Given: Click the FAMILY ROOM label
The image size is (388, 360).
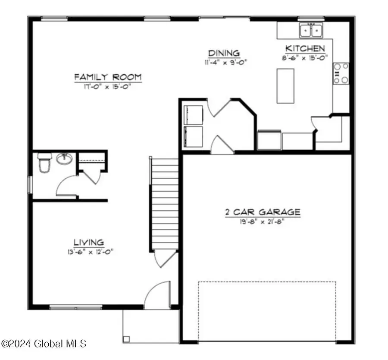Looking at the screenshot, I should coord(108,77).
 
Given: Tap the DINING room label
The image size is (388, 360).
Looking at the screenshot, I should coord(224,53).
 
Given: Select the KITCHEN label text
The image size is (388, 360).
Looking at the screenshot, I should coord(305,48).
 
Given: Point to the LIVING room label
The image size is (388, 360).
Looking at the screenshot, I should coord(88,242).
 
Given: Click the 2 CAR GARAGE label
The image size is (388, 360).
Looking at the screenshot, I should coord(262,212).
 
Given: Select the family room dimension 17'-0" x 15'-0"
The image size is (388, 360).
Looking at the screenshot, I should coord(108,86).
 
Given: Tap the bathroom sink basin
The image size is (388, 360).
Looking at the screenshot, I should coord(64,159).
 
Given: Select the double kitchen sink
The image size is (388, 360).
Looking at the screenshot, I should coord(312,30).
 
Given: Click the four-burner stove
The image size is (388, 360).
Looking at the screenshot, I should coord(341,73).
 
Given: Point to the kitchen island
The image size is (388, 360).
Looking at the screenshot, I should coord(285,85).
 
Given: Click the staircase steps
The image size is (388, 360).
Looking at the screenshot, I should coord(164,203).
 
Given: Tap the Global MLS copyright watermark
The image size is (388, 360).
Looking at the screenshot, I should coord(44,344).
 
